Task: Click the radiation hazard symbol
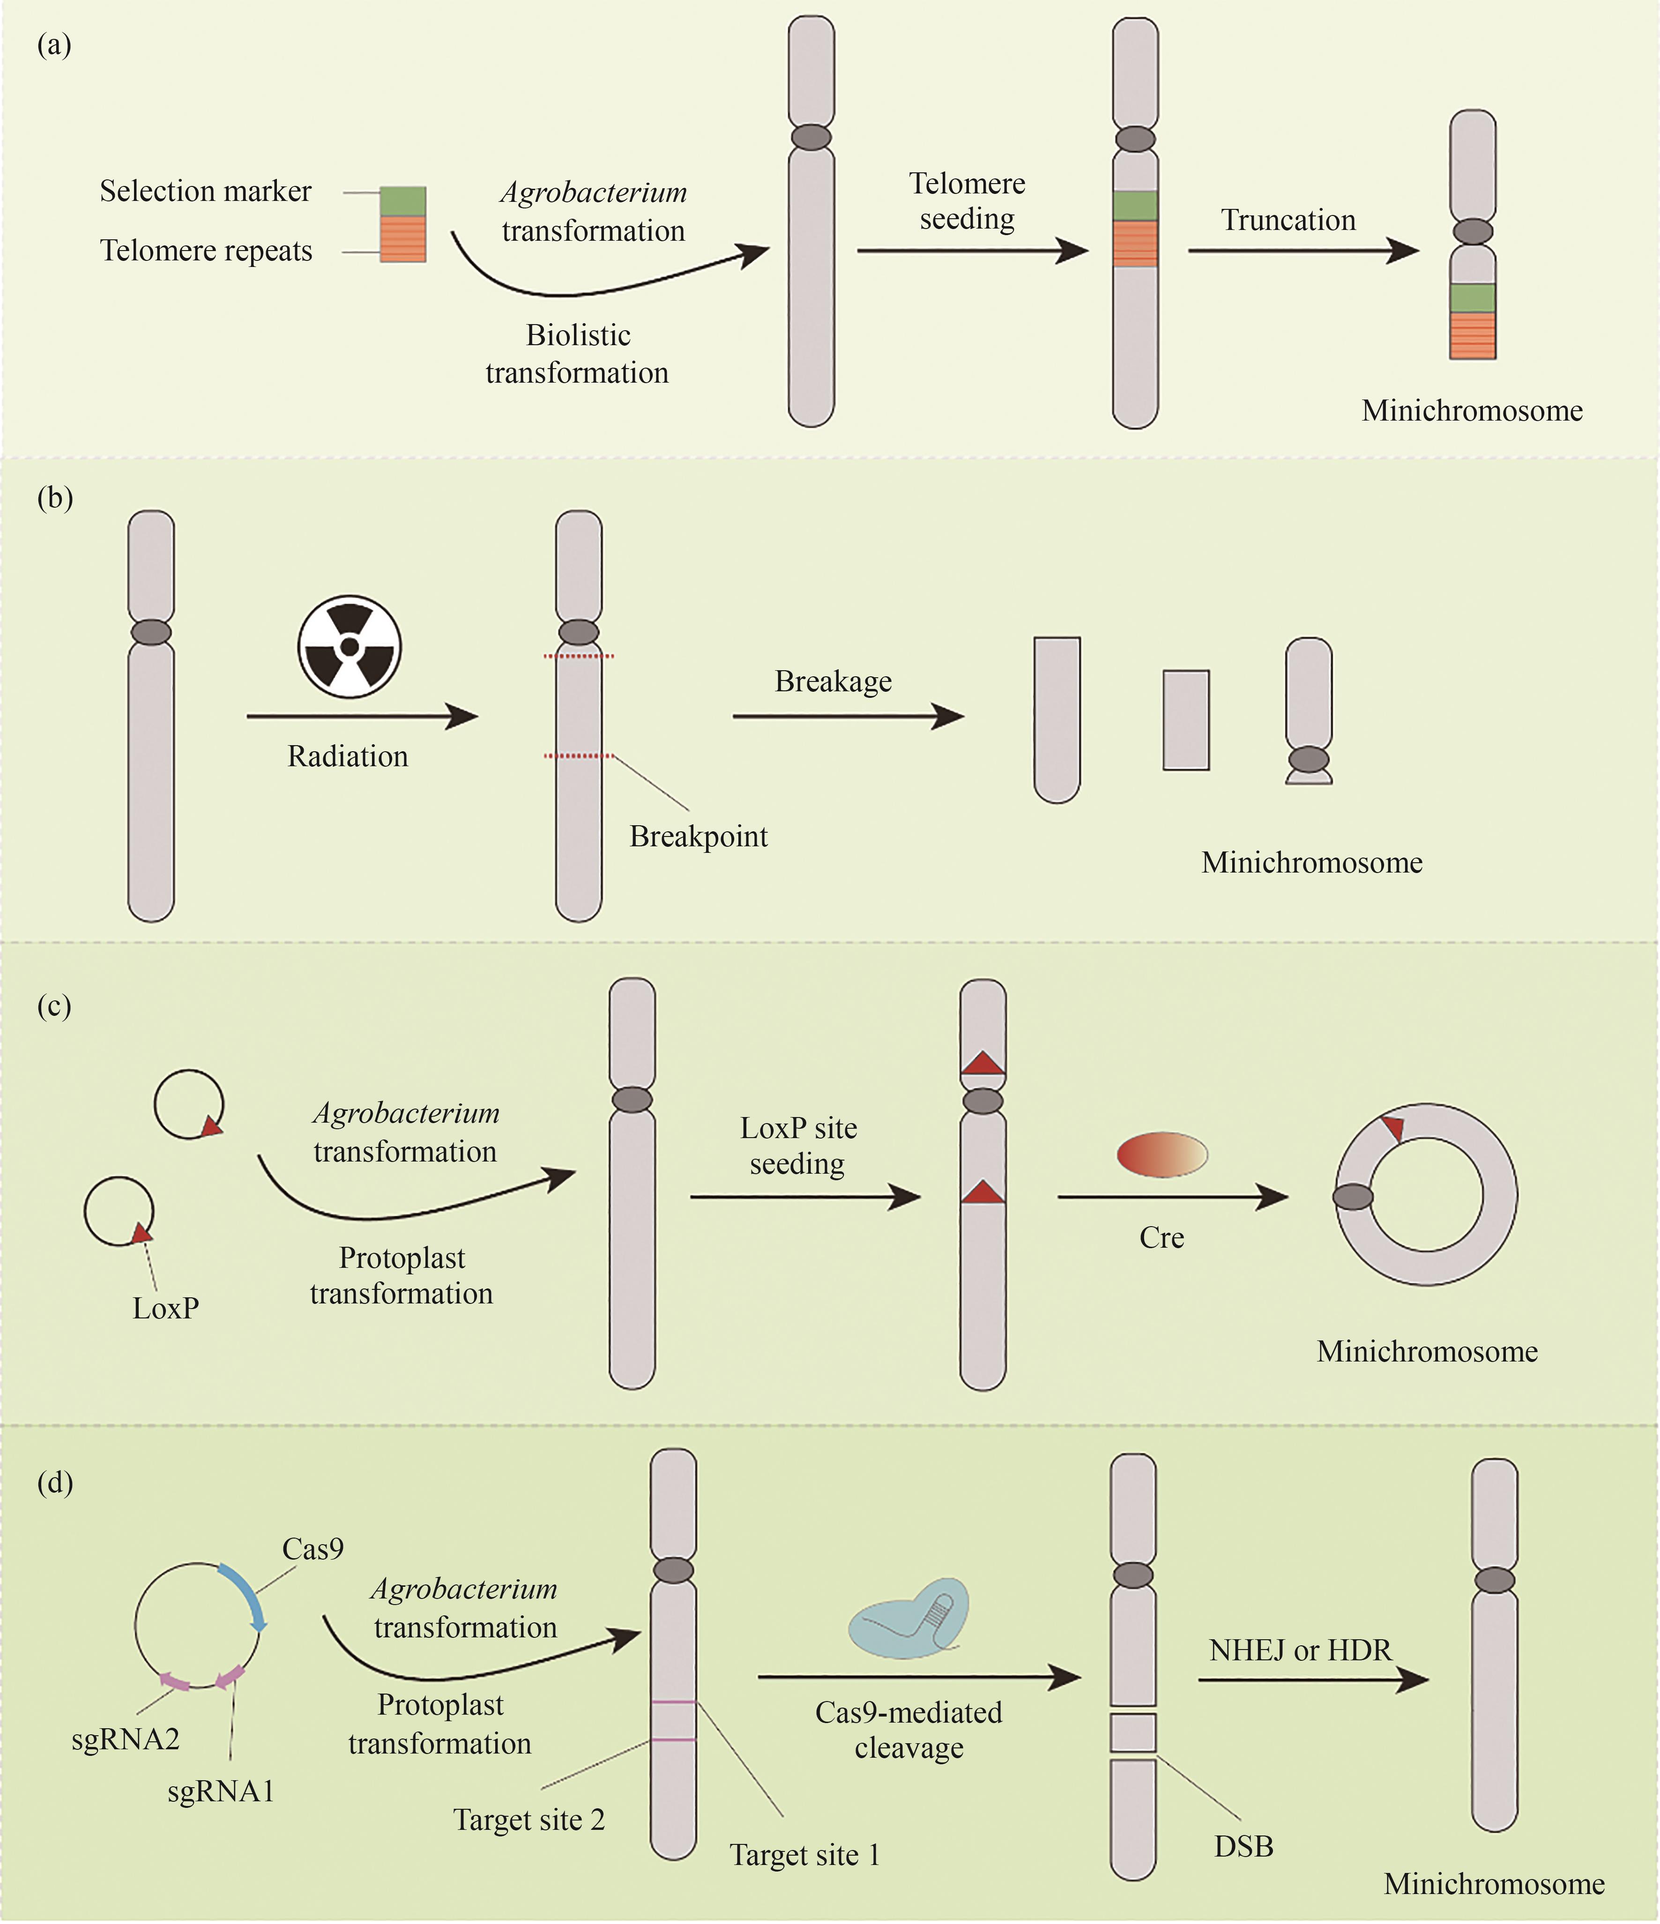pos(349,646)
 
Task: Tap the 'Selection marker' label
pos(205,191)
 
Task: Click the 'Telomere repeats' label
pos(206,251)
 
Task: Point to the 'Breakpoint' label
pos(699,836)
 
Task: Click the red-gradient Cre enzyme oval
pos(1161,1155)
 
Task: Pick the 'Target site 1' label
pos(804,1855)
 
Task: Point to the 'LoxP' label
pos(165,1309)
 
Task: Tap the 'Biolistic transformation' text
pos(577,354)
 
